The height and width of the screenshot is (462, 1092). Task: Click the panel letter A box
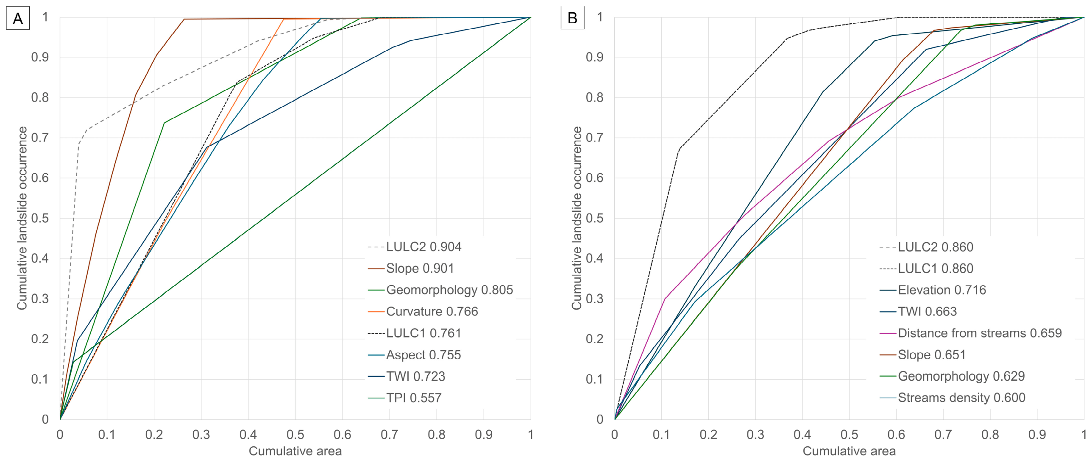(18, 18)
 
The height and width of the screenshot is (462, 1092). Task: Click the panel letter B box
(572, 18)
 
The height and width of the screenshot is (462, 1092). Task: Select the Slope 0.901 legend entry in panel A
(411, 268)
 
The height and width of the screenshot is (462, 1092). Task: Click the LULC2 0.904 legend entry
(415, 247)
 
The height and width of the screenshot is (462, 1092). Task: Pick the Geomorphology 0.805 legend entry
(440, 290)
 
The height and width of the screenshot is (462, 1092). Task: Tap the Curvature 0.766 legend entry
(423, 312)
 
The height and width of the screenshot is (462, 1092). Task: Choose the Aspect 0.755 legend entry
(414, 355)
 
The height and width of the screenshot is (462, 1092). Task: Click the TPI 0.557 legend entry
(404, 398)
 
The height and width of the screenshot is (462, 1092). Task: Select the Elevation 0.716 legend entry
(933, 290)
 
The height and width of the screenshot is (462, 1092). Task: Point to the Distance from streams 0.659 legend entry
(971, 333)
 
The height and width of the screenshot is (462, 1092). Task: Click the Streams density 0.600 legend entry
(953, 398)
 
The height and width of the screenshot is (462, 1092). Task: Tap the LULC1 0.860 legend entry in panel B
(926, 268)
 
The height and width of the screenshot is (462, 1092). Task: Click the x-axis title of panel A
(295, 451)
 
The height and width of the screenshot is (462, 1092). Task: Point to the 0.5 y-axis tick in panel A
(40, 219)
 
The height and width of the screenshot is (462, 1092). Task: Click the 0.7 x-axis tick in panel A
(389, 434)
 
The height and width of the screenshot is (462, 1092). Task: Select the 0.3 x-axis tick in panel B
(755, 434)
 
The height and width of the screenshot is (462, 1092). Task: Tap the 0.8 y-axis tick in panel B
(594, 97)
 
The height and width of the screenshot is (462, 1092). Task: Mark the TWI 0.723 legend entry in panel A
(407, 376)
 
